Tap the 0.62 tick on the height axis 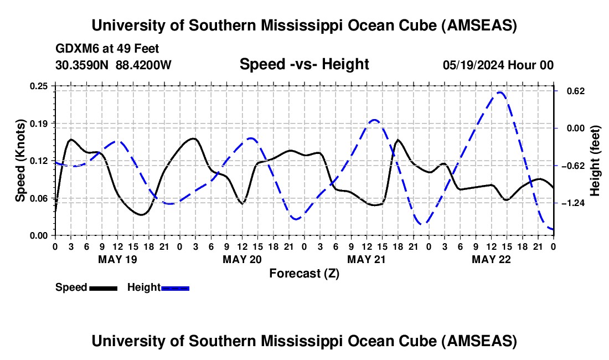(x=572, y=91)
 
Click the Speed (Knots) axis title (x=20, y=161)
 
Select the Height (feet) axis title (x=595, y=161)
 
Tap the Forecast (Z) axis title (x=304, y=273)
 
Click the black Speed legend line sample (x=103, y=288)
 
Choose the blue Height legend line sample (x=175, y=288)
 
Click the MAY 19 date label (x=117, y=259)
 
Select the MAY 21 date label (x=366, y=259)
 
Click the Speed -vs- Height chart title (x=304, y=64)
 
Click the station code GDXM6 (x=75, y=49)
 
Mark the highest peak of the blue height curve (x=499, y=92)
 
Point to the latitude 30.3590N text (x=82, y=65)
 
